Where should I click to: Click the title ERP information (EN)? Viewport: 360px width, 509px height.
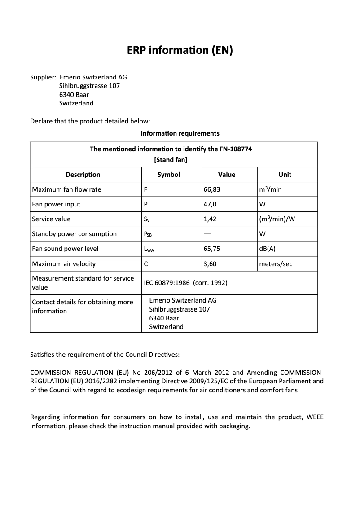pos(180,50)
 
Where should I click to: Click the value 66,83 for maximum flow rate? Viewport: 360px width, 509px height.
pos(212,189)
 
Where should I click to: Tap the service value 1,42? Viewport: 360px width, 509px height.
pos(210,219)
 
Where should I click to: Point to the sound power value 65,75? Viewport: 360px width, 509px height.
pos(212,249)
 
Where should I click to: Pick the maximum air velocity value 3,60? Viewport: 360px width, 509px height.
pos(210,264)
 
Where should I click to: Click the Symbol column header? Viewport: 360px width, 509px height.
pos(169,175)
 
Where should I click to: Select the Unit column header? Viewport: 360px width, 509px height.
pos(285,175)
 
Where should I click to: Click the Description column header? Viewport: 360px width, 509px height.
pos(83,175)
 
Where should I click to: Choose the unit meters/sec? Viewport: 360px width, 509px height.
pos(276,264)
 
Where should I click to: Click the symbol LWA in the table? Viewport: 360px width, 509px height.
pos(149,249)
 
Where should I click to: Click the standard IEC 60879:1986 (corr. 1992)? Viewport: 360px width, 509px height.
pos(185,283)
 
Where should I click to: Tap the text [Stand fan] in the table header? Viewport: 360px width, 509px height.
pos(171,160)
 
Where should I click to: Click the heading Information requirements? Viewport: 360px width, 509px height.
pos(180,133)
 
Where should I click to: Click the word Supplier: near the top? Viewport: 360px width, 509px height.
pos(43,77)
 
